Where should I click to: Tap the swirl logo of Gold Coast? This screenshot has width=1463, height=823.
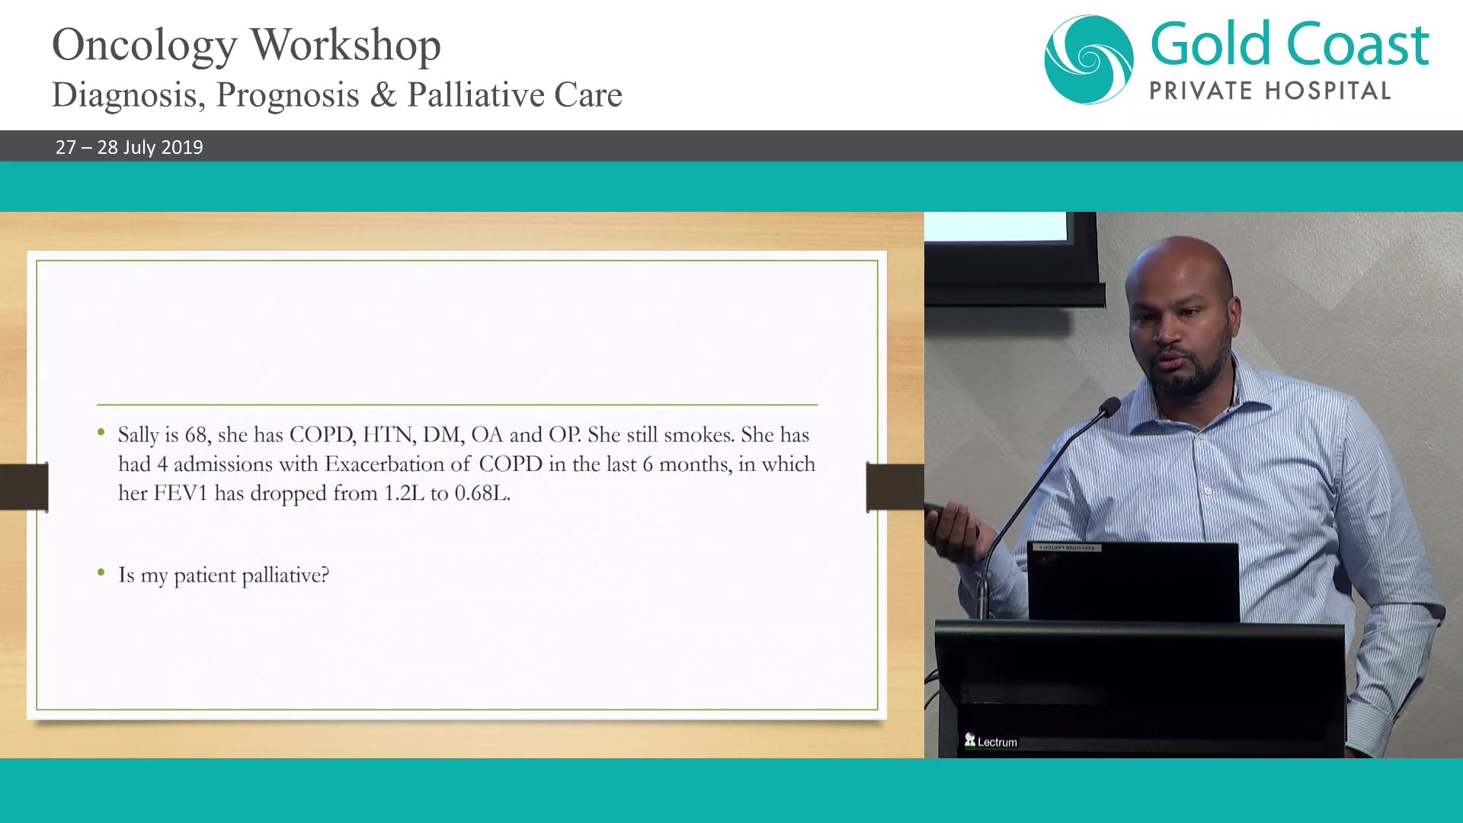coord(1088,59)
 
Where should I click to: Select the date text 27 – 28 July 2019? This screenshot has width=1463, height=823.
coord(129,147)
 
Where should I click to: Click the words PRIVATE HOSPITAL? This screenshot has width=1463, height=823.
coord(1269,91)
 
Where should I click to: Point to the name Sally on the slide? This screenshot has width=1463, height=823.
coord(138,435)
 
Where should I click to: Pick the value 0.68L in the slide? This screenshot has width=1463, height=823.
coord(482,494)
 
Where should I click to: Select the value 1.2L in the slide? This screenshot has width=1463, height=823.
coord(404,494)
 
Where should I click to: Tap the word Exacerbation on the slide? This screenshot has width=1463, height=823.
coord(397,464)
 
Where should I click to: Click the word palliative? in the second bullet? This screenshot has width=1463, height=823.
coord(285,575)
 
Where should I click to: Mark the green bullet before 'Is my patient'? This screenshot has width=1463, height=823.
coord(101,572)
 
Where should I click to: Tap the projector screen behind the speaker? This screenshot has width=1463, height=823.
coord(998,227)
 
